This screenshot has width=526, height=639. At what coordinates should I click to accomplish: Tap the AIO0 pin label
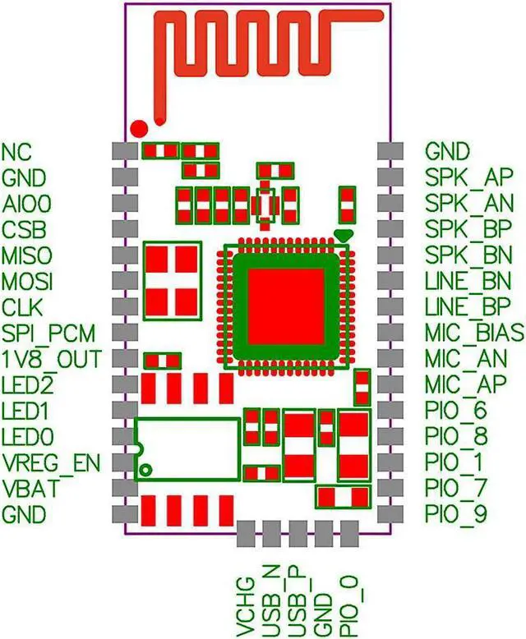pyautogui.click(x=25, y=203)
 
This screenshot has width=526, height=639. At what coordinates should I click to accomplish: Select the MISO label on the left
pyautogui.click(x=27, y=255)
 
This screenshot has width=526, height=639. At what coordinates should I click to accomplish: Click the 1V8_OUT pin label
pyautogui.click(x=51, y=360)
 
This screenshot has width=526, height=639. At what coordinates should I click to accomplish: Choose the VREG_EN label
pyautogui.click(x=51, y=463)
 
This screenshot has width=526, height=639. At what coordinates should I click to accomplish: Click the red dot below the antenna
pyautogui.click(x=140, y=128)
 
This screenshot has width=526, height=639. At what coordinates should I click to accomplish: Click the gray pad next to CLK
pyautogui.click(x=124, y=307)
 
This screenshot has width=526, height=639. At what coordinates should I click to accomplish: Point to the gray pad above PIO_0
pyautogui.click(x=349, y=533)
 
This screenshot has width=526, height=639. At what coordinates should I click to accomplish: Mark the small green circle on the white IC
pyautogui.click(x=145, y=470)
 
